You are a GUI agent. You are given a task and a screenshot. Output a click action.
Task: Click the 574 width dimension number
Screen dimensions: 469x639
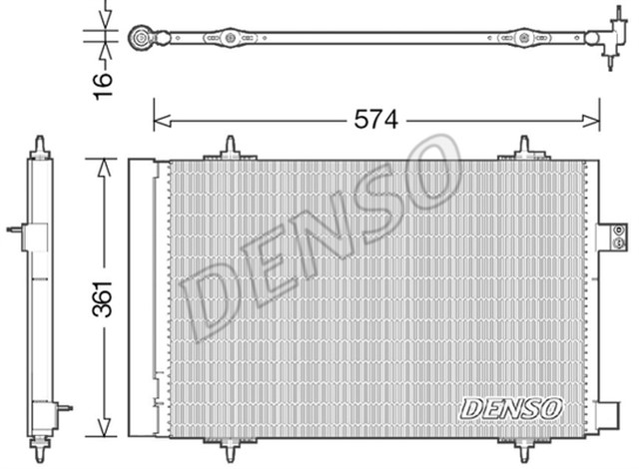coord(376,120)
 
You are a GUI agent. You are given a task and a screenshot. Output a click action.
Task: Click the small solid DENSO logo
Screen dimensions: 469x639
coord(511,408)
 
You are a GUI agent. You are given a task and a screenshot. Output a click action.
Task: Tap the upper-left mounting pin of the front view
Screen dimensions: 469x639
coord(230,149)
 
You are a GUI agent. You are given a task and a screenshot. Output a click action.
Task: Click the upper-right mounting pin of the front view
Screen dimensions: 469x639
coord(525,149)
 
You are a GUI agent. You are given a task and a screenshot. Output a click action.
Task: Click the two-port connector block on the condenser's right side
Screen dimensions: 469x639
coord(612,236)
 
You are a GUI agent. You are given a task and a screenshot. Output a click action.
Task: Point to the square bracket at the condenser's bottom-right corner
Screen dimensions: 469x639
coord(607,415)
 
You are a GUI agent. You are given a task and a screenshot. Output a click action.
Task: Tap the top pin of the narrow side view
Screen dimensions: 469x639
coord(40,147)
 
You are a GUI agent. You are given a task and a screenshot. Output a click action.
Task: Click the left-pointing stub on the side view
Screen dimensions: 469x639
coord(15,230)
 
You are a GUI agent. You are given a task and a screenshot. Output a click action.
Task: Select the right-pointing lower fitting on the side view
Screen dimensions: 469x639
coord(63,407)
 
